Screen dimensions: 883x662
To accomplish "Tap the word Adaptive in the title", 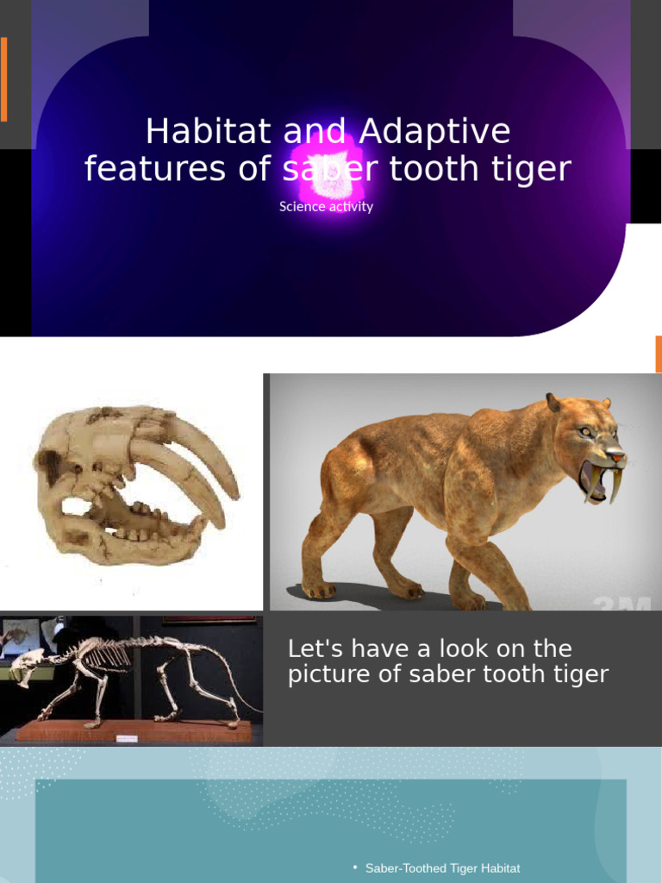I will coord(434,132).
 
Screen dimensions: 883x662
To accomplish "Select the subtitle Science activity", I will coord(326,207).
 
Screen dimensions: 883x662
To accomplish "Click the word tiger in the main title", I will coord(532,169).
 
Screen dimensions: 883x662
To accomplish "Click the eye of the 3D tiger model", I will coord(585,430).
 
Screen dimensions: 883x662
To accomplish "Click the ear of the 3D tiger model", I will coord(553,403).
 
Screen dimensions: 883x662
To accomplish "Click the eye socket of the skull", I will coord(53,465).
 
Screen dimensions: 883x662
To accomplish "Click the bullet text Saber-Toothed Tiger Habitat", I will coord(442,868).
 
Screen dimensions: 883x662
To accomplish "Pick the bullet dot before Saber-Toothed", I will coord(355,867).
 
